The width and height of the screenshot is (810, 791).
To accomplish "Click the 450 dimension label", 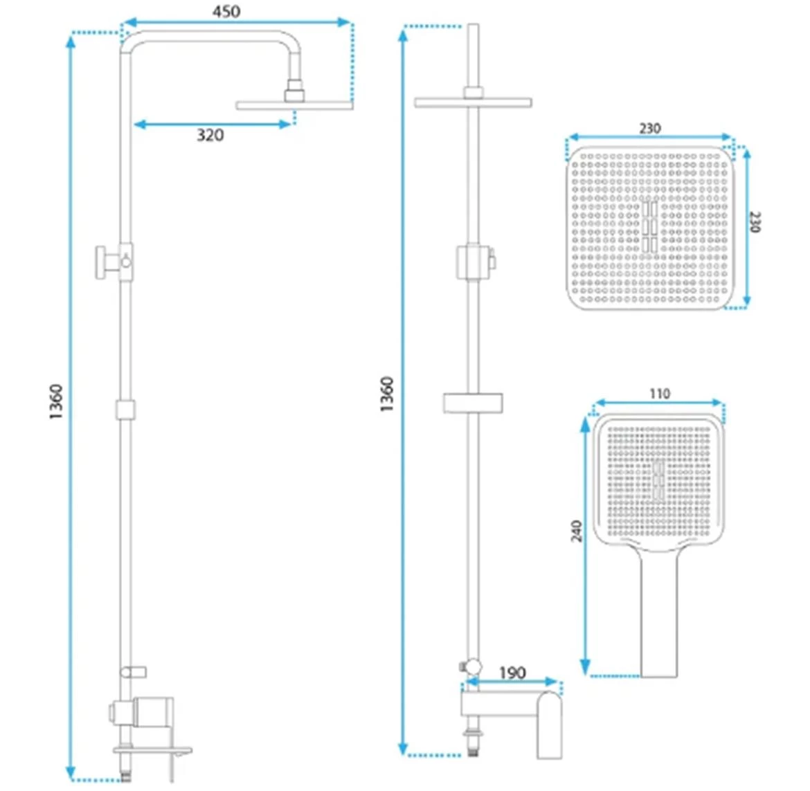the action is [226, 11].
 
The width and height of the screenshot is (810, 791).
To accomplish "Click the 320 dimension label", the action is [210, 135].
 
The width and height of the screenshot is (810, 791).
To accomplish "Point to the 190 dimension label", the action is [512, 673].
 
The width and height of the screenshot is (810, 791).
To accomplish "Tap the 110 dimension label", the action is [660, 394].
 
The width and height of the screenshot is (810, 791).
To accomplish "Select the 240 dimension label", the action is [577, 531].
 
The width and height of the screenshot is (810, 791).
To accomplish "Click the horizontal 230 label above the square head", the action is [650, 128].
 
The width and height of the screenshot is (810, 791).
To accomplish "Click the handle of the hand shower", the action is [658, 612].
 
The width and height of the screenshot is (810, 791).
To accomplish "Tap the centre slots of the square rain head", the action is [650, 227].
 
